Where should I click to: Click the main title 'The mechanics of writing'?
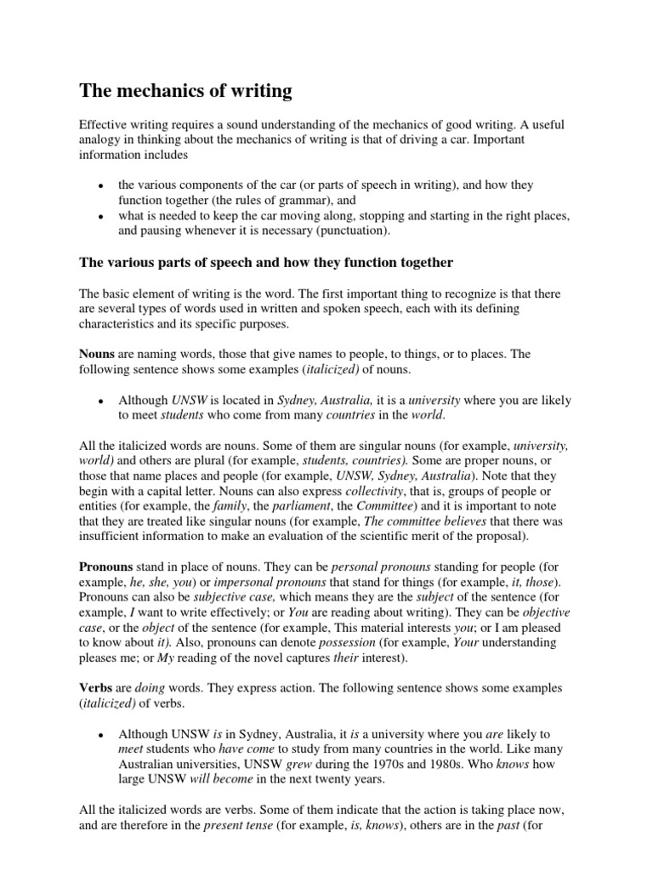[185, 90]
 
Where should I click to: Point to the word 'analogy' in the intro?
[104, 140]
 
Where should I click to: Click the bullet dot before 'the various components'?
[100, 186]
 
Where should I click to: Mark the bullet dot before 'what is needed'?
[100, 217]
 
